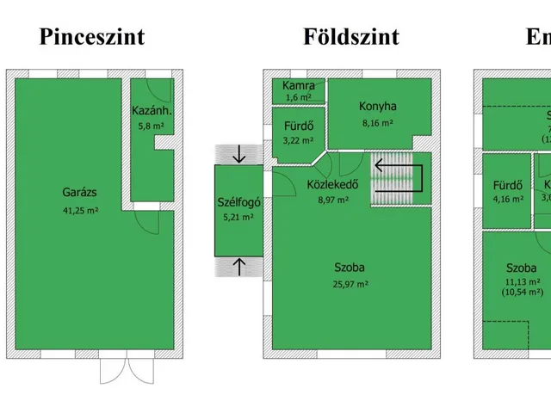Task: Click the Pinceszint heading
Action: coord(91,37)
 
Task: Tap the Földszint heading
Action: coord(350,37)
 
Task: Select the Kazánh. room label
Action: coord(152,110)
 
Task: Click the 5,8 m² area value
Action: coord(152,126)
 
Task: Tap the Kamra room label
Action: coord(299,86)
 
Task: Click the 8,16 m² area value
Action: coord(377,123)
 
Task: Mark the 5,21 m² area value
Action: coord(238,218)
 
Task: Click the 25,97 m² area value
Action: coord(350,283)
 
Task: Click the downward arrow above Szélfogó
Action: coord(239,155)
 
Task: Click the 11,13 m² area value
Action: coord(523,280)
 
